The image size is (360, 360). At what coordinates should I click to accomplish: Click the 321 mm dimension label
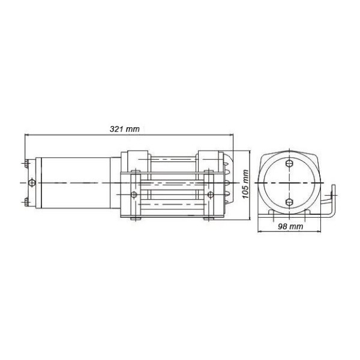tap(124, 129)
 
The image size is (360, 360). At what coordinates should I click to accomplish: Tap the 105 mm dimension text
tap(245, 184)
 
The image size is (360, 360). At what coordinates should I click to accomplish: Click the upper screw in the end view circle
tap(289, 163)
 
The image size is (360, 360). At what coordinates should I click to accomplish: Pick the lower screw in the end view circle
tap(289, 202)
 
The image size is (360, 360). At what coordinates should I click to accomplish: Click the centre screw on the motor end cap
tap(32, 183)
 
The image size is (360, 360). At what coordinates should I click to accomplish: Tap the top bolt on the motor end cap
tap(26, 163)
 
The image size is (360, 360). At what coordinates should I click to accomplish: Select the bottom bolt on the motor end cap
tap(26, 202)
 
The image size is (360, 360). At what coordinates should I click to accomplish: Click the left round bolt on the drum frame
tap(134, 195)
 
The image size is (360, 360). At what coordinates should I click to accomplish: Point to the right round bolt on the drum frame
tap(211, 195)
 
